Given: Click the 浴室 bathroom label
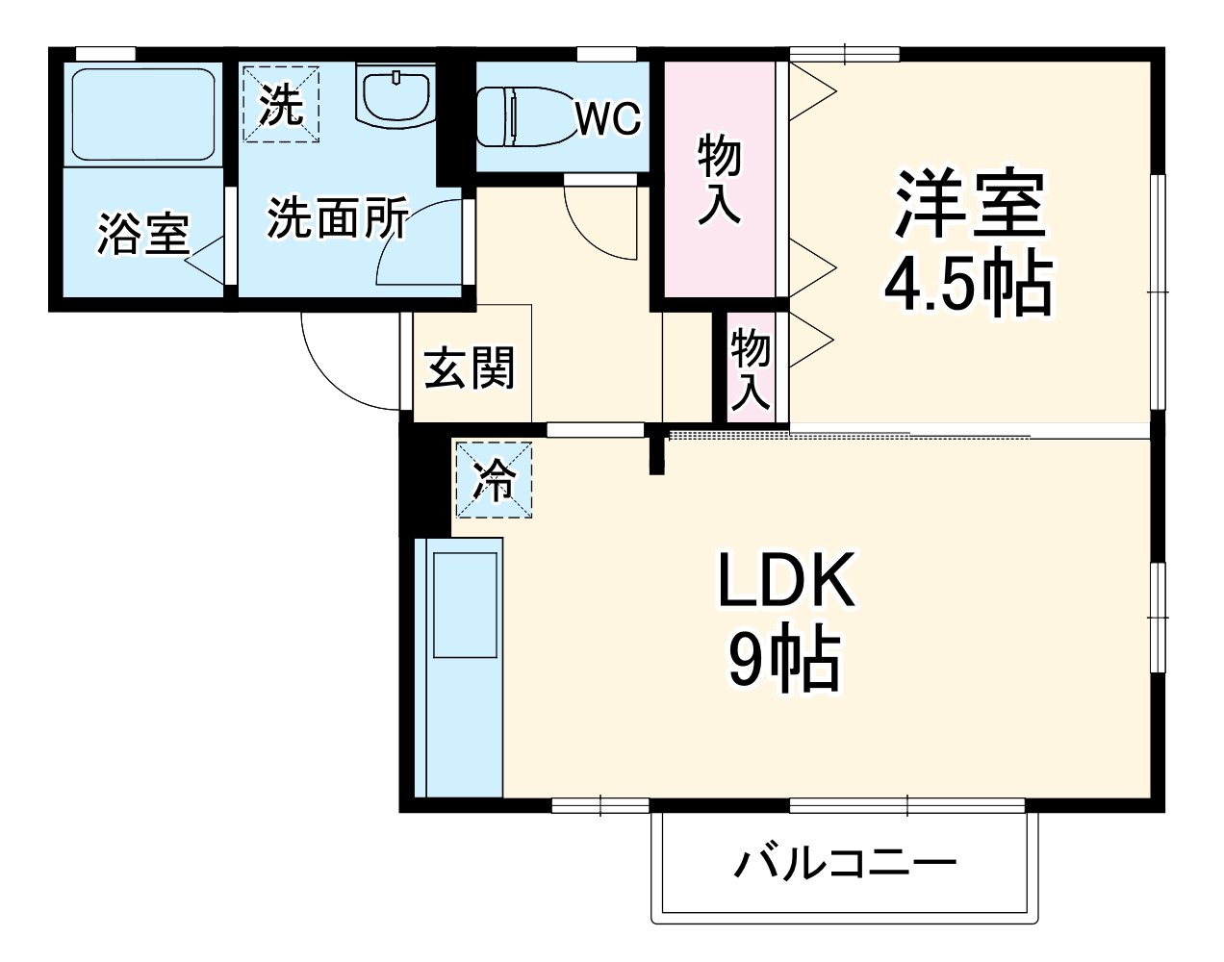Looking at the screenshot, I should (143, 234).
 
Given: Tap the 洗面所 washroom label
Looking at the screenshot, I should (337, 218).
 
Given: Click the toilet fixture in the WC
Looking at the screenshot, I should (519, 116).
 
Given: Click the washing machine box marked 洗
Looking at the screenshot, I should (280, 104).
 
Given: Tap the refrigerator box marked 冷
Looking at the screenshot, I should (493, 479).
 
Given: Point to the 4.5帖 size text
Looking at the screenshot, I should (967, 284).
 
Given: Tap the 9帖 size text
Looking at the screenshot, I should (784, 661).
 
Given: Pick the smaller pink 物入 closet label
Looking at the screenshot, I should (751, 368).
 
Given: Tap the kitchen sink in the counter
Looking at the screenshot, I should (465, 606).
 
